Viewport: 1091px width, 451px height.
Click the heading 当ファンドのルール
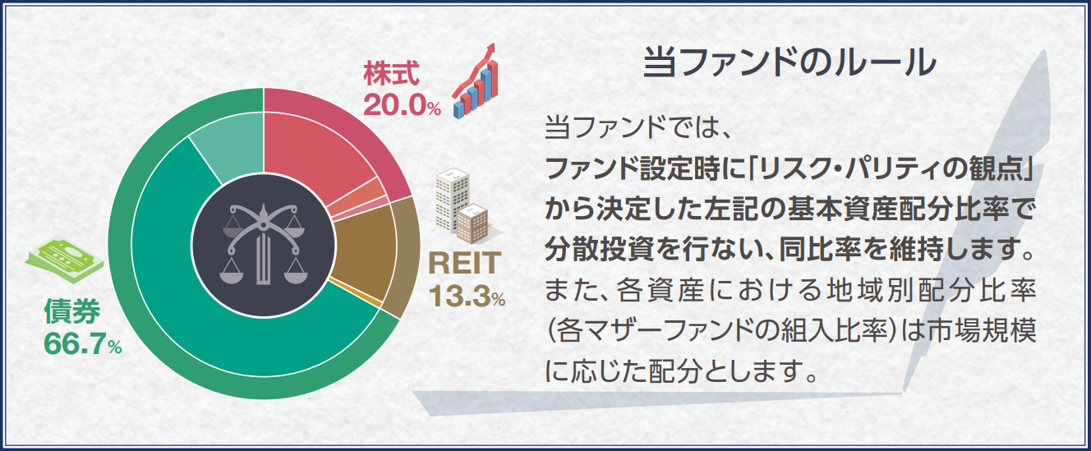(789, 62)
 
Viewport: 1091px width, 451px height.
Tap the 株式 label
(391, 74)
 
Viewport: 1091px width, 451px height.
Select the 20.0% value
(402, 104)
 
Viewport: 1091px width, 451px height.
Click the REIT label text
(464, 263)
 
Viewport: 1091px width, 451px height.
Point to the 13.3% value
(467, 296)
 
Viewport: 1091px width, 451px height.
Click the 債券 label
(72, 311)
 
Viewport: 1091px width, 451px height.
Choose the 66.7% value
(83, 344)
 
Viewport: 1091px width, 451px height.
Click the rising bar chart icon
(475, 81)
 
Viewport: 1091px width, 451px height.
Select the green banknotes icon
(64, 259)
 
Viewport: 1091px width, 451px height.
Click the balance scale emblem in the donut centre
(264, 245)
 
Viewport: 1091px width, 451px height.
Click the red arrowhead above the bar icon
(490, 49)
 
